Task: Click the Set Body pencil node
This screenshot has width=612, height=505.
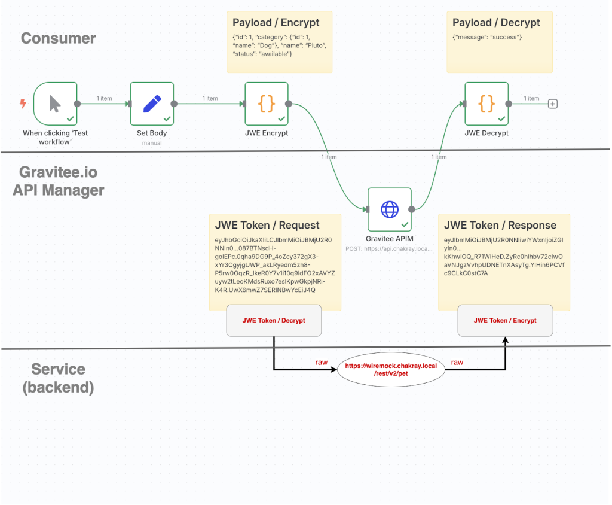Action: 152,104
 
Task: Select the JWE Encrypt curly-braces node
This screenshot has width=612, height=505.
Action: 267,104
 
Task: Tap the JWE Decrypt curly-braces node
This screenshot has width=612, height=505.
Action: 486,104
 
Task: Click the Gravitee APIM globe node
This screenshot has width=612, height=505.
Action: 390,209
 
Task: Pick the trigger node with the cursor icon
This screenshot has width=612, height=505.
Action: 55,104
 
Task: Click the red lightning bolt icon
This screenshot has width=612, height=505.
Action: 23,104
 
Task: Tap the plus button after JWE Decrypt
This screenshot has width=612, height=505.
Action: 553,104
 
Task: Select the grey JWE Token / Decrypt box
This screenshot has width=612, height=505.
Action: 274,321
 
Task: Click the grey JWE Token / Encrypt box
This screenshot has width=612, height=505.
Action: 505,321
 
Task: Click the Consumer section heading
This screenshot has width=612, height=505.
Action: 58,38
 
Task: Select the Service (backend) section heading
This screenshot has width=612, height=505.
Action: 58,378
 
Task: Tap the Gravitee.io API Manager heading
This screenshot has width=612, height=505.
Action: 62,181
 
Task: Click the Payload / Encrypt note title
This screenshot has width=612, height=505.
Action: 276,23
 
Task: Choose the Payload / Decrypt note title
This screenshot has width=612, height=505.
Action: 496,23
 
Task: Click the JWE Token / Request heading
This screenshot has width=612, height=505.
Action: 267,226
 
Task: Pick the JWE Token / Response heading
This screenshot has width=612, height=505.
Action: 500,226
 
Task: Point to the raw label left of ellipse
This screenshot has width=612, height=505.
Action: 322,363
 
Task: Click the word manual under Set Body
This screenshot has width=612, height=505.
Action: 152,143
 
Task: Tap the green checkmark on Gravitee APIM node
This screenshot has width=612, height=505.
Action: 405,224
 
